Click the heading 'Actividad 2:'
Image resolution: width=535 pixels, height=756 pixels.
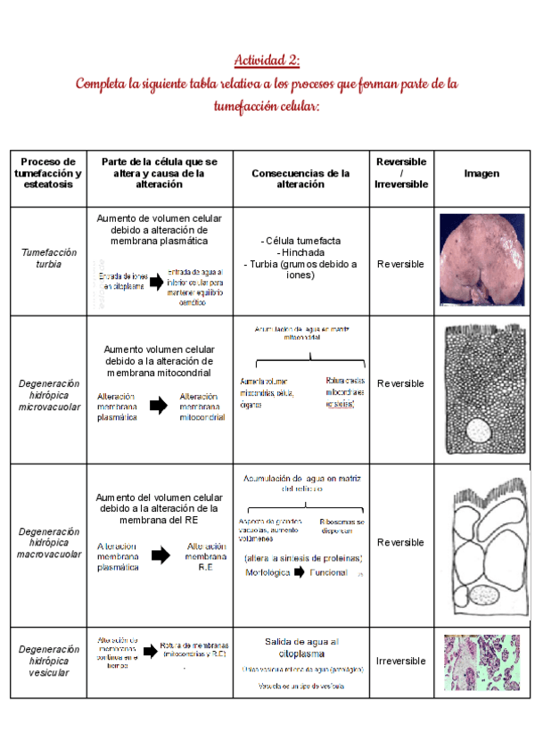click(x=267, y=61)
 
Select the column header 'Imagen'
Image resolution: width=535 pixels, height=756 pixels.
click(x=481, y=173)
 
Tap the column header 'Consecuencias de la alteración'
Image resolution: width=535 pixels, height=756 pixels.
click(x=300, y=178)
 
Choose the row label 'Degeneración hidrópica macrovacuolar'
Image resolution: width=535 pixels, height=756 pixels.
click(x=49, y=542)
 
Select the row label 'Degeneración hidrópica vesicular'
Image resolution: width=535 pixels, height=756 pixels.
click(x=49, y=661)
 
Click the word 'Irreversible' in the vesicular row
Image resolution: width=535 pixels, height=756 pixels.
click(x=400, y=661)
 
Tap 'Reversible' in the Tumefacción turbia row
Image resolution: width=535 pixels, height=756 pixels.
click(x=400, y=264)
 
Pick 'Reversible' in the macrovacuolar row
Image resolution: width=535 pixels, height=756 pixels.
click(x=400, y=542)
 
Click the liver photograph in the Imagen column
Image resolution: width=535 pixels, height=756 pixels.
click(x=481, y=259)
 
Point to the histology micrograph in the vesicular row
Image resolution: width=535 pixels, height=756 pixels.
click(x=481, y=661)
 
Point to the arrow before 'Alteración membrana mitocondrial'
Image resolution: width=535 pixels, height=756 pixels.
click(x=158, y=406)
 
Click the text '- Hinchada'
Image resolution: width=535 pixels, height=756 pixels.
click(x=300, y=252)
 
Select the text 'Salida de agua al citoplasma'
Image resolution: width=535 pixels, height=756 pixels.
click(x=301, y=646)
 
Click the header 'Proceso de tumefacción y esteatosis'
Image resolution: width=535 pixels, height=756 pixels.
click(x=49, y=173)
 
